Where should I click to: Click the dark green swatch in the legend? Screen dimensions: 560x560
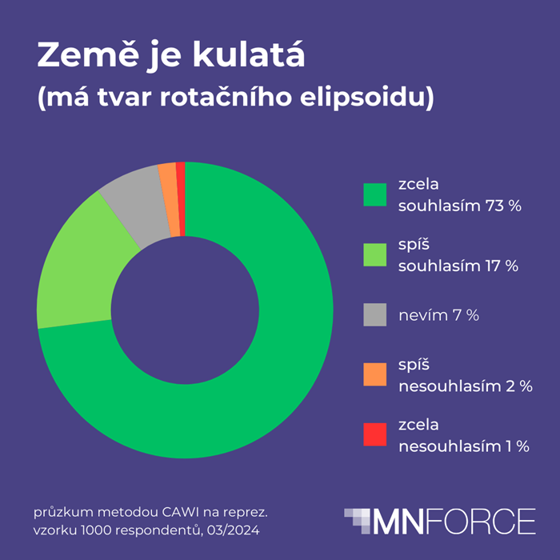[x=374, y=195]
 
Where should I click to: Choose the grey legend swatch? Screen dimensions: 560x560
[x=374, y=315]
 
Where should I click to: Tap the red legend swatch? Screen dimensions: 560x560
[x=374, y=435]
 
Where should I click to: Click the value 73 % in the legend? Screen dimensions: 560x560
[x=502, y=206]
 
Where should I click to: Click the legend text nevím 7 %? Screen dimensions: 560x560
[x=438, y=315]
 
